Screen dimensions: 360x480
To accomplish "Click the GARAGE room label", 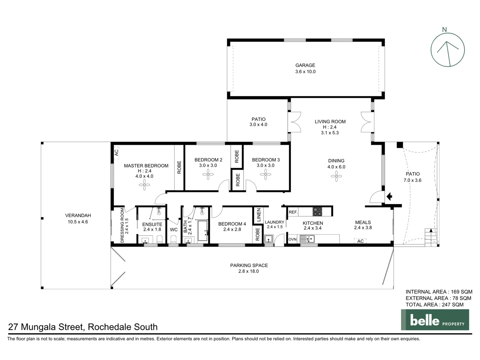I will click(305, 65).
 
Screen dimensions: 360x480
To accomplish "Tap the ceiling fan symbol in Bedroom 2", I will click(208, 174).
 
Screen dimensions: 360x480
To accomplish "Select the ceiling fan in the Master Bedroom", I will click(144, 185).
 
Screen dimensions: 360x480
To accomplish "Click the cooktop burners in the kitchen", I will click(317, 212).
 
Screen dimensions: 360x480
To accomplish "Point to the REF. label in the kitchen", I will click(293, 212).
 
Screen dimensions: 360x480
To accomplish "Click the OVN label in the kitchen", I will click(292, 239).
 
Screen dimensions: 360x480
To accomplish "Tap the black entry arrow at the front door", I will click(389, 197).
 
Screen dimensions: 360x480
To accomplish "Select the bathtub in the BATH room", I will click(203, 231).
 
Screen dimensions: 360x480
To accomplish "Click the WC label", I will click(174, 230).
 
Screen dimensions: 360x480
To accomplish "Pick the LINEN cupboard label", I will click(259, 215).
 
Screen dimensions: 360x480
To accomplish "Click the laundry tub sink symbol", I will click(268, 239).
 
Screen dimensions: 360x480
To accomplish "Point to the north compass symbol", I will click(447, 50).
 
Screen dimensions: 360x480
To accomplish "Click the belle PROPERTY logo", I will click(435, 320).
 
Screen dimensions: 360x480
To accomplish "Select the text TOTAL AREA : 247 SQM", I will click(434, 304).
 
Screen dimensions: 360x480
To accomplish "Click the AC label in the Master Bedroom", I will click(116, 153).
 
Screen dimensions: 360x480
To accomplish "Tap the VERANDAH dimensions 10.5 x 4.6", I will click(78, 222).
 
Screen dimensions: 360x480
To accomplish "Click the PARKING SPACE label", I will click(249, 265).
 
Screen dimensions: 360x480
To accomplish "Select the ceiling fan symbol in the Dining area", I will click(336, 176).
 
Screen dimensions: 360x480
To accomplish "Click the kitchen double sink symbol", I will click(307, 239).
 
